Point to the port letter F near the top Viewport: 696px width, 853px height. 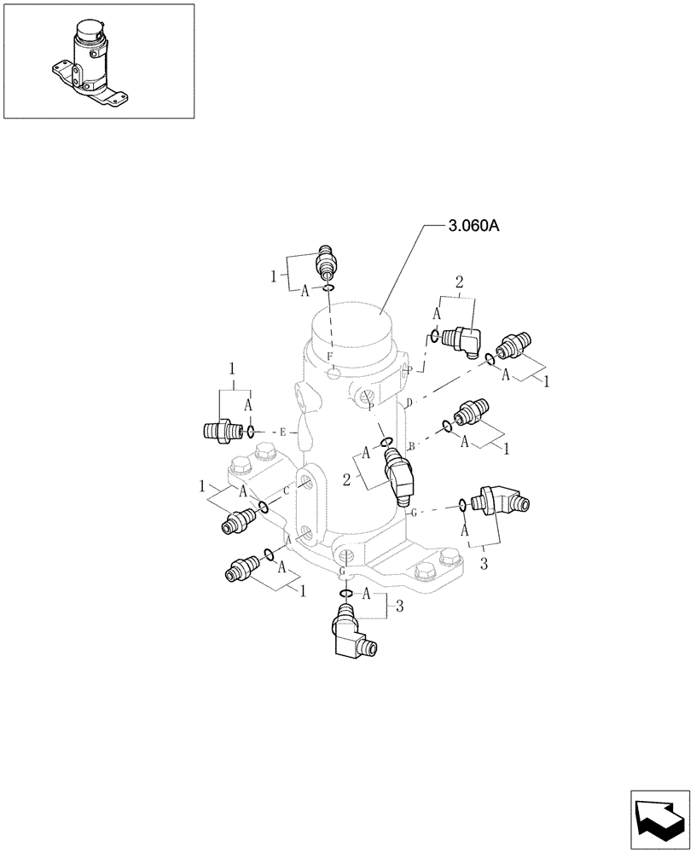point(329,355)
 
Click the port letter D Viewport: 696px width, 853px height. point(409,401)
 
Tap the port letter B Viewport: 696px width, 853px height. point(411,446)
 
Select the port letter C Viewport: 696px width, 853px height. point(286,490)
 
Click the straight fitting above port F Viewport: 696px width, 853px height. point(325,259)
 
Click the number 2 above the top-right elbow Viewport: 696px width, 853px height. point(458,282)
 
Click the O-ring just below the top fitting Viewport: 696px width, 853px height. point(328,289)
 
